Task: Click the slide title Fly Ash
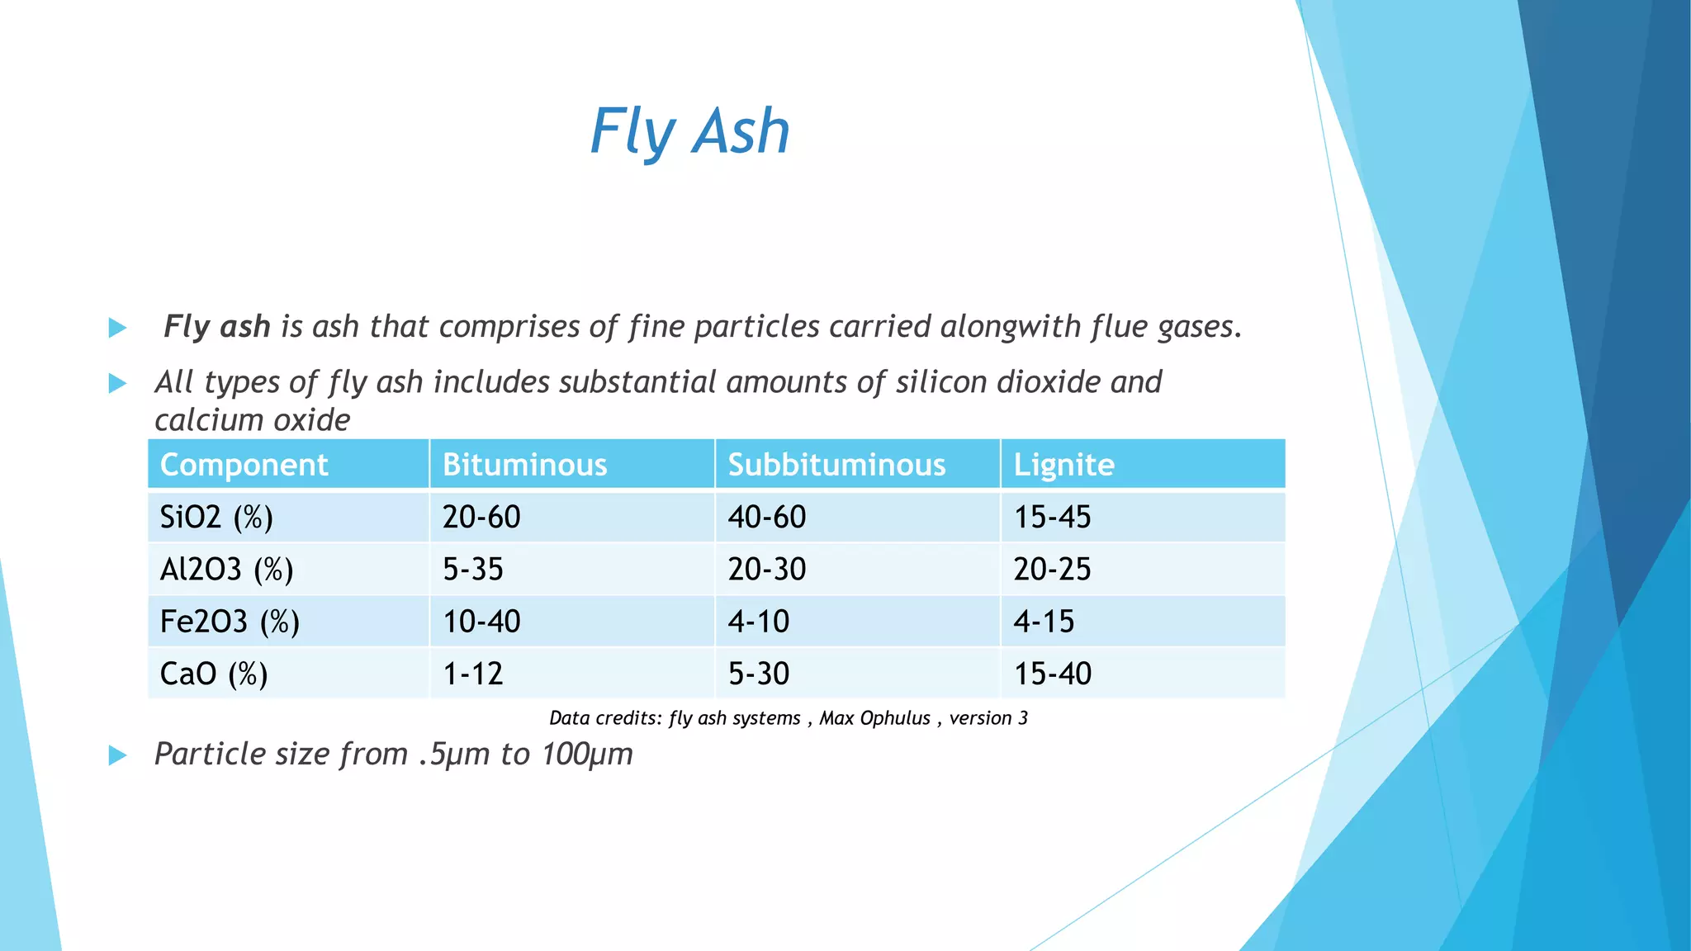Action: (689, 132)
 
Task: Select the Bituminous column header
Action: (524, 465)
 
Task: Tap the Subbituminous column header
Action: (836, 465)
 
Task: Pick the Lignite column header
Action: (1063, 465)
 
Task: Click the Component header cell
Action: (244, 465)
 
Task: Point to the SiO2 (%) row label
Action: (216, 518)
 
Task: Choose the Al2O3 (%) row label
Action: (226, 570)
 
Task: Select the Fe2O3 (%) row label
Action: (230, 622)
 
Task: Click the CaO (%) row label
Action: (214, 674)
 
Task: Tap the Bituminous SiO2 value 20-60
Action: (481, 518)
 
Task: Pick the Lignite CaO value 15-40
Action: (1052, 674)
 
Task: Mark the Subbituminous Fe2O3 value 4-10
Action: (758, 622)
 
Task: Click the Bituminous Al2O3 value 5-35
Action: (472, 570)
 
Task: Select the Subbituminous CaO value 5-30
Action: (758, 674)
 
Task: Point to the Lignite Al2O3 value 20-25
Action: (1052, 570)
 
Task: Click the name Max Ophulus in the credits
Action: (874, 718)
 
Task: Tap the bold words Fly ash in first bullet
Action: (216, 327)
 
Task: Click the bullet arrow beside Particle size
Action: (117, 755)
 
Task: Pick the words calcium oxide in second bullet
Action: (252, 420)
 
